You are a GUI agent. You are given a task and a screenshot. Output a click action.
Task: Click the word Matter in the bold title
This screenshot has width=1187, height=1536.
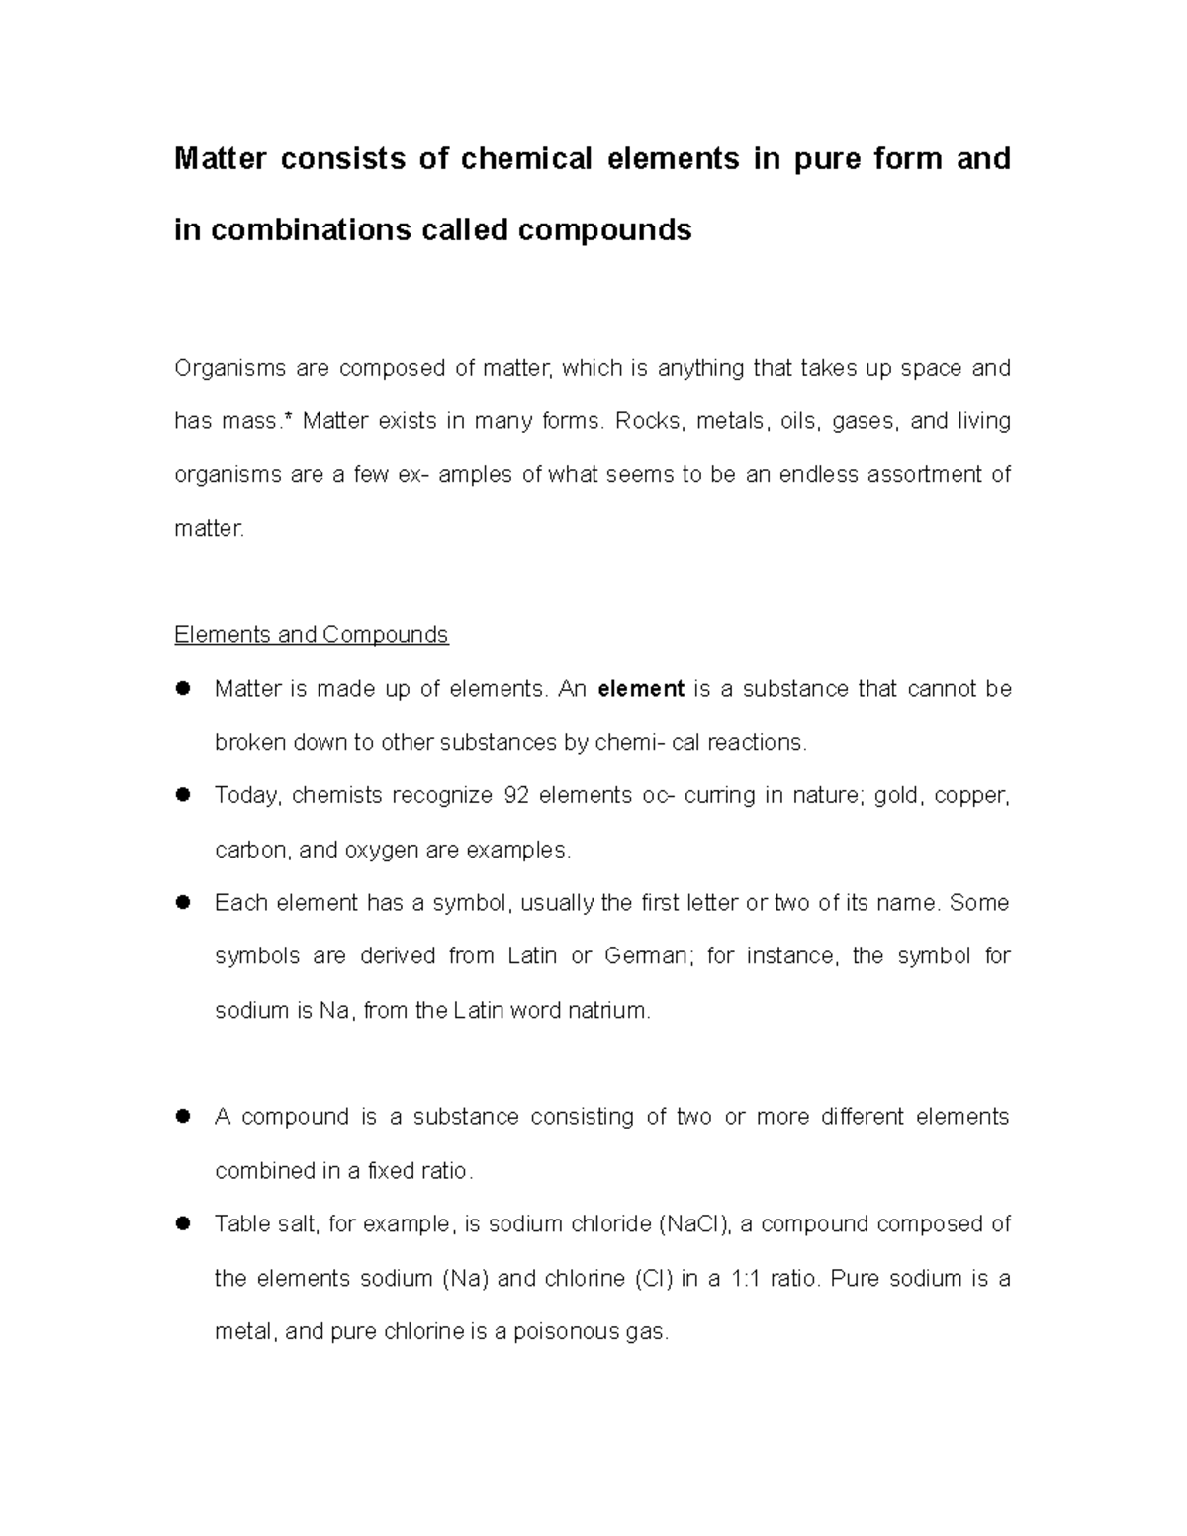[x=220, y=158]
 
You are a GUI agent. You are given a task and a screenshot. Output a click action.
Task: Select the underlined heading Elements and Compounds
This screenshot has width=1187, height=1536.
[x=311, y=634]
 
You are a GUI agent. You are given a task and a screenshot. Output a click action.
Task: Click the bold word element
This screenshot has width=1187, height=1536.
[x=641, y=688]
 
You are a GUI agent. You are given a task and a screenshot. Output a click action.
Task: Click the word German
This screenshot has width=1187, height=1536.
[x=644, y=956]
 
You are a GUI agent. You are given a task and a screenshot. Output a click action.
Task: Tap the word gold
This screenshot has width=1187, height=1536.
[x=895, y=795]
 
